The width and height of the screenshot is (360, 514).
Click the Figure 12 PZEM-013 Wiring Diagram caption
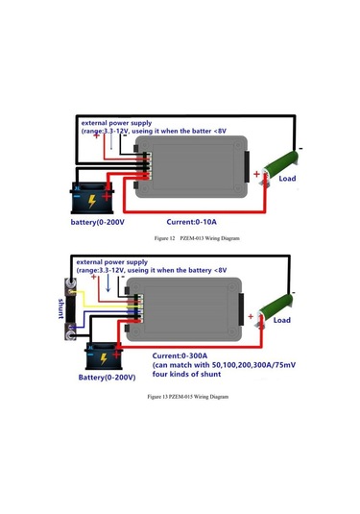click(197, 238)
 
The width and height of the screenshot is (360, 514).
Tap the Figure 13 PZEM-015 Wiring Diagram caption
click(188, 397)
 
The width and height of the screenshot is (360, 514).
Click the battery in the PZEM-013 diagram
click(92, 198)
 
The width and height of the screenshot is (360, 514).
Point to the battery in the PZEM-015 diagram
click(104, 356)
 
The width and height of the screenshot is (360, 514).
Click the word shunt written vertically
click(60, 308)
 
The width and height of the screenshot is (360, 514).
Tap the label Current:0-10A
click(192, 222)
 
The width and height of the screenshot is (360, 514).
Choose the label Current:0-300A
click(180, 356)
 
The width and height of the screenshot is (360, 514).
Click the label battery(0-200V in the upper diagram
click(98, 222)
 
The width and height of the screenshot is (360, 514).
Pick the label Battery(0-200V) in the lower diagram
click(108, 378)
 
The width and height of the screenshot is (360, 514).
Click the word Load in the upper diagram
click(287, 179)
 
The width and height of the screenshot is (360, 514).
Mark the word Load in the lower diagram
click(282, 320)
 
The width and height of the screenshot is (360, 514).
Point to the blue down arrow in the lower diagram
click(108, 282)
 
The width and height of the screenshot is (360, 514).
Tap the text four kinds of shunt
click(186, 374)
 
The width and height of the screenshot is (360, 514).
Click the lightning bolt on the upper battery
click(92, 201)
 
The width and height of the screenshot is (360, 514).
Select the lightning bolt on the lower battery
click(104, 358)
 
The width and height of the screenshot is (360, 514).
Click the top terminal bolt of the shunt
click(70, 283)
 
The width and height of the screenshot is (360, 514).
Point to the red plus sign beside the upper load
click(257, 174)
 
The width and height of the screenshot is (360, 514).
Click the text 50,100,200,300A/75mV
click(253, 365)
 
